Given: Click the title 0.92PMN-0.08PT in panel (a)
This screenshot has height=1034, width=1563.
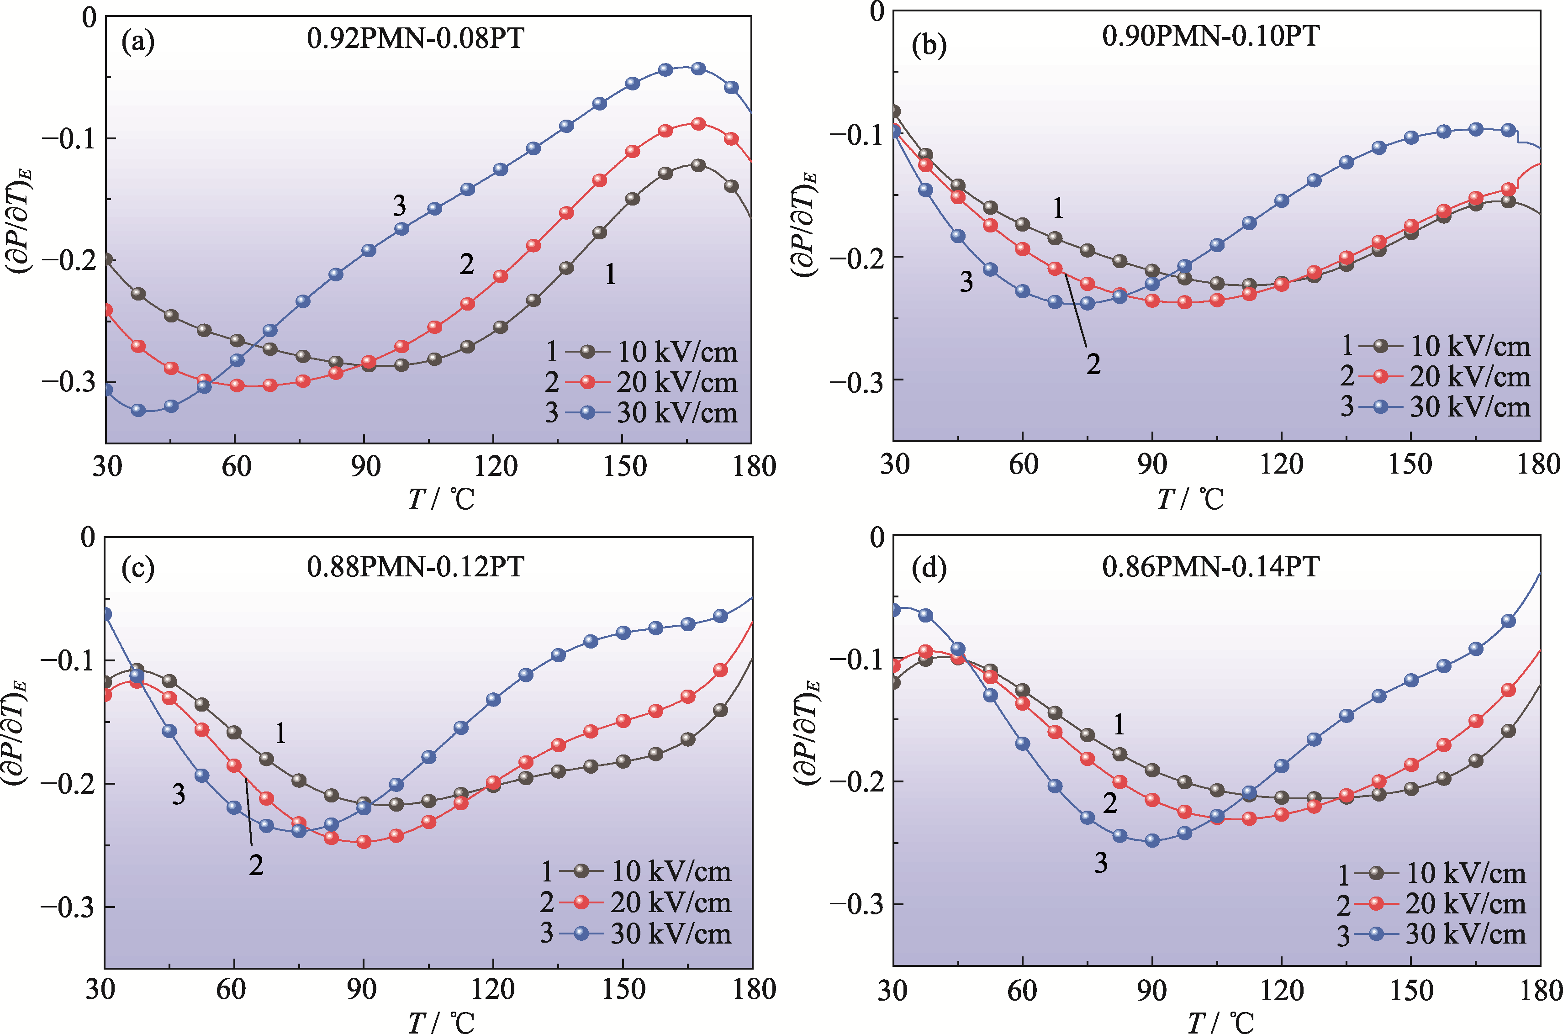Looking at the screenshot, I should [x=416, y=38].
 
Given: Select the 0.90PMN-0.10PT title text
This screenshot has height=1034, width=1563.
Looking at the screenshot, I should [x=1210, y=35].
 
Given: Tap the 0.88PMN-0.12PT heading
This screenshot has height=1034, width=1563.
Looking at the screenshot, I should [x=416, y=566].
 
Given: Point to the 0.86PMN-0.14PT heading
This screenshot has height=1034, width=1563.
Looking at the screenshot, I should [x=1210, y=566].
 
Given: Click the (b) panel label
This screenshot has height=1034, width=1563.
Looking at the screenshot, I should [x=929, y=45].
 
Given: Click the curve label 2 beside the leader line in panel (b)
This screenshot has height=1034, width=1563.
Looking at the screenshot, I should [x=1093, y=364].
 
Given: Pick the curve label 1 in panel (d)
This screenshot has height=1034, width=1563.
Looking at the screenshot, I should [x=1119, y=725].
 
